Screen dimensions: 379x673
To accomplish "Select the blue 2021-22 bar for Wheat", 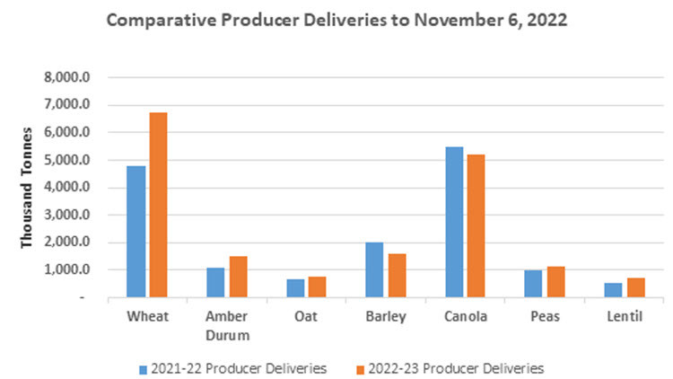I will point(135,232).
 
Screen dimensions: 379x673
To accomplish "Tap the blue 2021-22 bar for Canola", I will point(453,222).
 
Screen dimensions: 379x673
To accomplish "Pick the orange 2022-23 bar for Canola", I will point(476,226).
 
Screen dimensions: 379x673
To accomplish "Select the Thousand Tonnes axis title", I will point(27,187).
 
